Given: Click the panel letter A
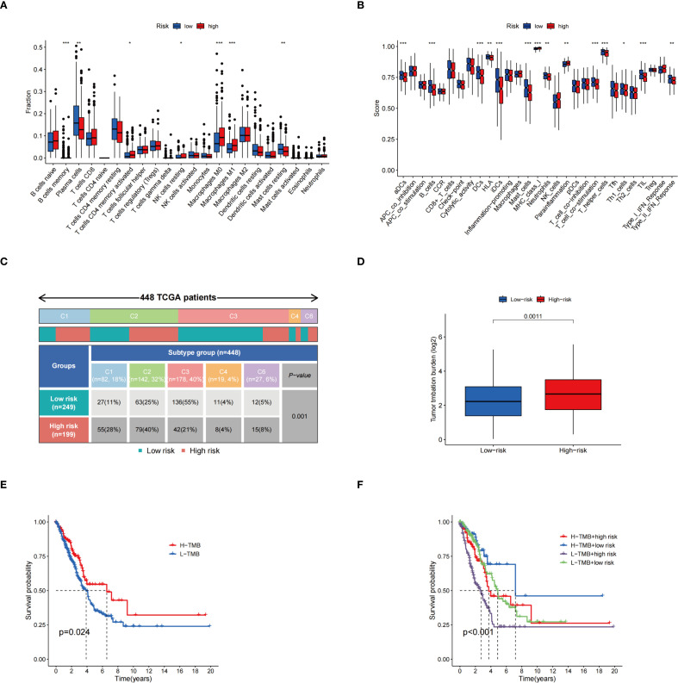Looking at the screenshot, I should coord(9,9).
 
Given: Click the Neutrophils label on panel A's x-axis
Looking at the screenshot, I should coord(320,184).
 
